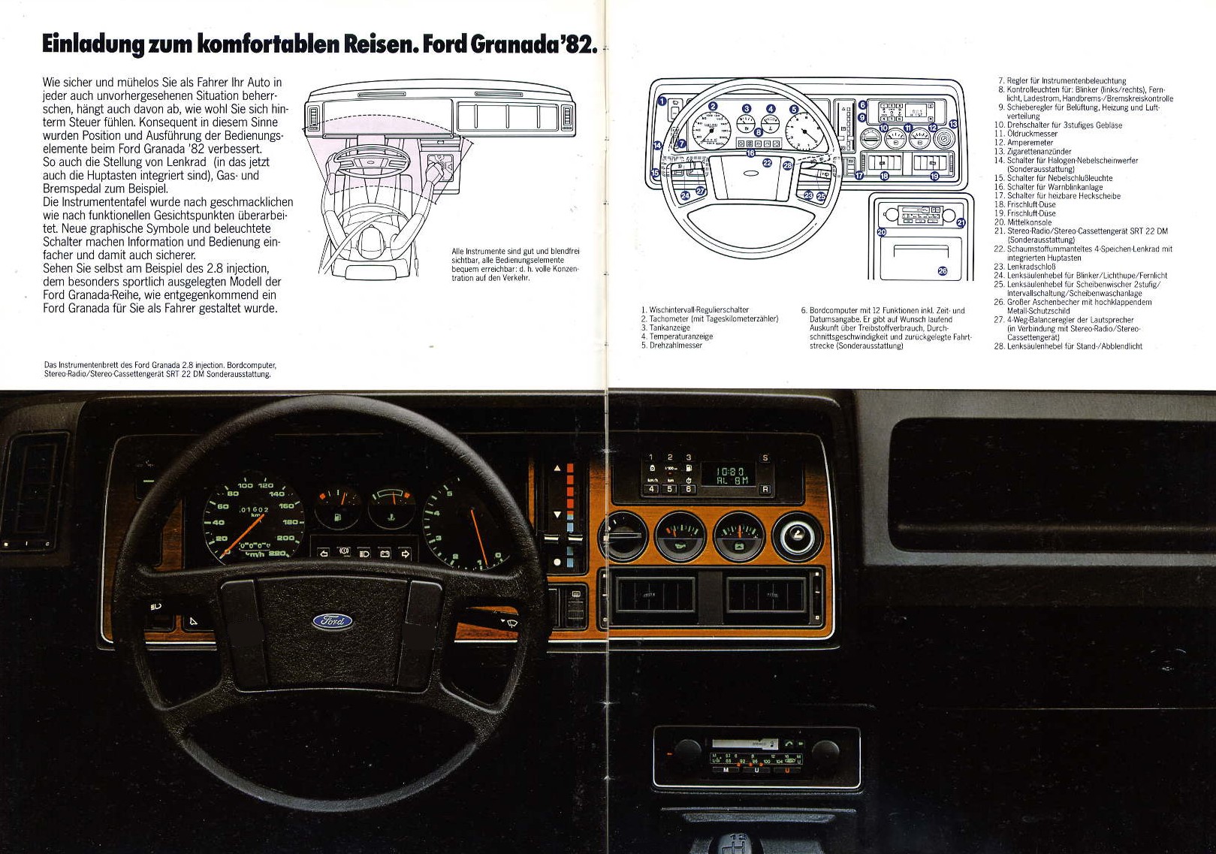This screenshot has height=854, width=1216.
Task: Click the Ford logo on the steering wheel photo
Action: [333, 620]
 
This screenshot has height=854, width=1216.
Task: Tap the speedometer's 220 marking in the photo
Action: [277, 554]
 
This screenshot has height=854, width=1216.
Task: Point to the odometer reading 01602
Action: [254, 509]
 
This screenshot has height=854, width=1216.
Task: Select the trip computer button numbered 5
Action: [670, 490]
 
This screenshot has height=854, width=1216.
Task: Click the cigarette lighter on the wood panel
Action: [798, 536]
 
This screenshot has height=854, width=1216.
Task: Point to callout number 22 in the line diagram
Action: [767, 162]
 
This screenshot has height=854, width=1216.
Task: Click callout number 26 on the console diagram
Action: [943, 271]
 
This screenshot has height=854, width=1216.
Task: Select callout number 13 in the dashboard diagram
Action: [953, 124]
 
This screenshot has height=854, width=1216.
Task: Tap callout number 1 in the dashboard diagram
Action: [662, 101]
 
